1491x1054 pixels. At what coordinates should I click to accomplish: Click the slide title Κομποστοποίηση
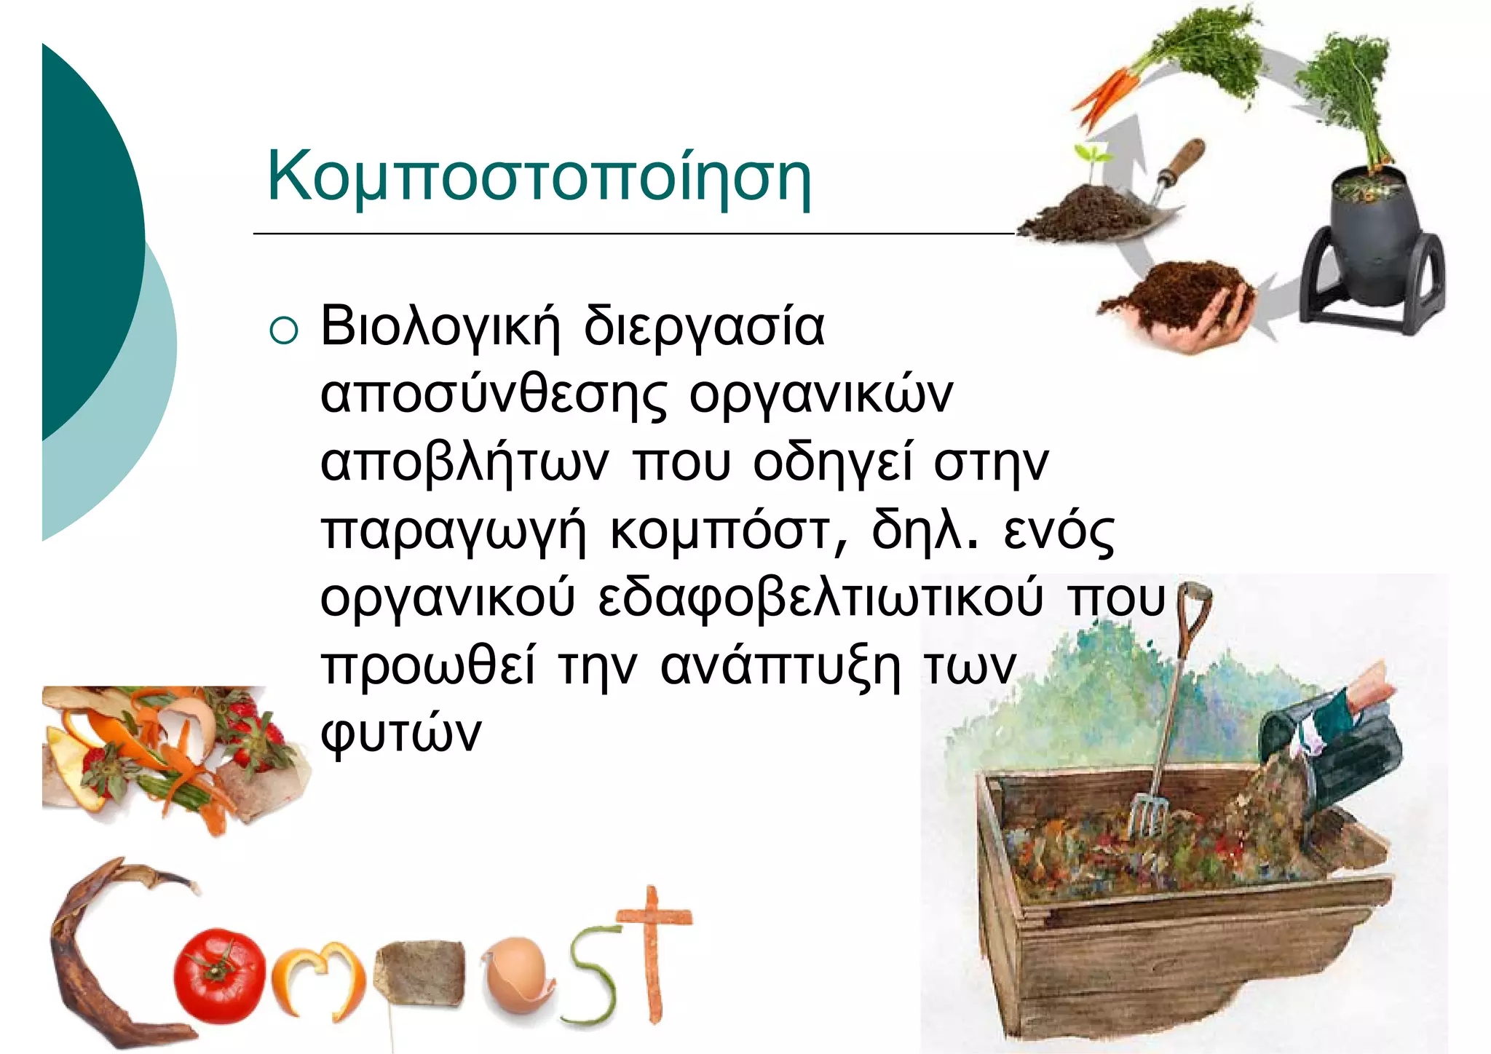pos(539,177)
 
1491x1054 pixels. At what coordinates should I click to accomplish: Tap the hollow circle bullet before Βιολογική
pos(283,330)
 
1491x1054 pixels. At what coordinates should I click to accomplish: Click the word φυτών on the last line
pos(401,734)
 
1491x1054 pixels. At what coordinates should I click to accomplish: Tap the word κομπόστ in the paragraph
pos(719,531)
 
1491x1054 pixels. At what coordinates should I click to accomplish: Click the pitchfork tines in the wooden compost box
pos(1146,815)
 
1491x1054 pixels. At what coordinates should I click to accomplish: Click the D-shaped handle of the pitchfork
pos(1194,597)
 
